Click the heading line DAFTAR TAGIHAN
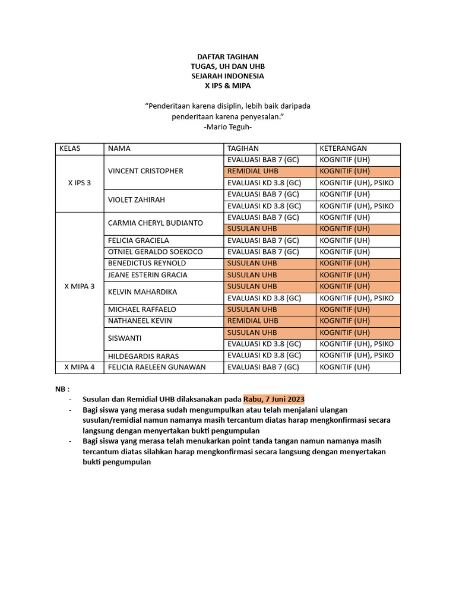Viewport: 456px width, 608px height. tap(227, 57)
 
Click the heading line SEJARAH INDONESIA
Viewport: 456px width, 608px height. tap(227, 76)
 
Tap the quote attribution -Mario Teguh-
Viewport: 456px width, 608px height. tap(227, 127)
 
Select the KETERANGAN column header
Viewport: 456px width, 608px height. tap(343, 148)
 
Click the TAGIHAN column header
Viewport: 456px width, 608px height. tap(243, 148)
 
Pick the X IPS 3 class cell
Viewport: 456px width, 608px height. tap(80, 183)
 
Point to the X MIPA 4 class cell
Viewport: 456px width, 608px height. tap(80, 367)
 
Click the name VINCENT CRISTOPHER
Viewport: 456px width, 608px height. tap(145, 171)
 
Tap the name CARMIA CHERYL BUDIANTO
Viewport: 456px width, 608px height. tap(155, 223)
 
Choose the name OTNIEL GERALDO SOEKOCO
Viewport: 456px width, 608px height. tap(155, 252)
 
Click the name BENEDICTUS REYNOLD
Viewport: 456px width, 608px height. tap(147, 263)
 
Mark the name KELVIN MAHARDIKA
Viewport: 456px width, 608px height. tap(142, 292)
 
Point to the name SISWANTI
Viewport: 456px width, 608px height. tap(125, 338)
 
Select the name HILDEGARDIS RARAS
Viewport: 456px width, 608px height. tap(142, 356)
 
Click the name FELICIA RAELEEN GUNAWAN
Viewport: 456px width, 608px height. tap(157, 367)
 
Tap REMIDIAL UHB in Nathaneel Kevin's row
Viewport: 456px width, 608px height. tap(252, 321)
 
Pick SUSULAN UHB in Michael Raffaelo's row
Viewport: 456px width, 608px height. tap(252, 309)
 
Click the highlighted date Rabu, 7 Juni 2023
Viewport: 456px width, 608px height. tap(274, 398)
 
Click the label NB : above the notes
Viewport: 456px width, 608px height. tap(63, 389)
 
